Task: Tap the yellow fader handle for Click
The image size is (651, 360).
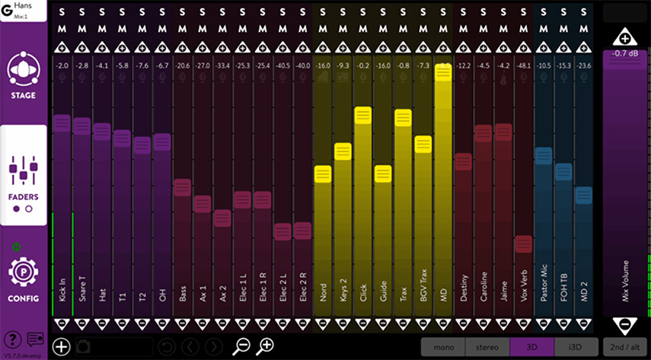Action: coord(362,116)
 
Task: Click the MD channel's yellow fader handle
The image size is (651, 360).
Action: coord(442,72)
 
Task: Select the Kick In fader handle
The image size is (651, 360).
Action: coord(62,123)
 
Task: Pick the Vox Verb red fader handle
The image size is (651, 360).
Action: coord(522,244)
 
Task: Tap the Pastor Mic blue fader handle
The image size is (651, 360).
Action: coord(543,156)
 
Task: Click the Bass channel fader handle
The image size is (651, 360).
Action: coord(182,187)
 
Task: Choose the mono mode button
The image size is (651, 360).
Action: coord(442,346)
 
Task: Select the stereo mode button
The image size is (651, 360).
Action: coord(487,346)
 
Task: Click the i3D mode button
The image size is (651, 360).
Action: coord(577,346)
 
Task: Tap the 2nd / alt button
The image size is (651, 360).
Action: coord(624,346)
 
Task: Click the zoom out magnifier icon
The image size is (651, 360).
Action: coord(241,346)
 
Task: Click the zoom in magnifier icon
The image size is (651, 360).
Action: coord(265,346)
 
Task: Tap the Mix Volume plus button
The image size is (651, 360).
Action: coord(624,37)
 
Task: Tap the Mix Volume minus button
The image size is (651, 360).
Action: coord(624,325)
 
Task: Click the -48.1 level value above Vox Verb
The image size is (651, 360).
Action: coord(522,66)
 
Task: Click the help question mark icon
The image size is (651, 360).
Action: coord(12,339)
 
